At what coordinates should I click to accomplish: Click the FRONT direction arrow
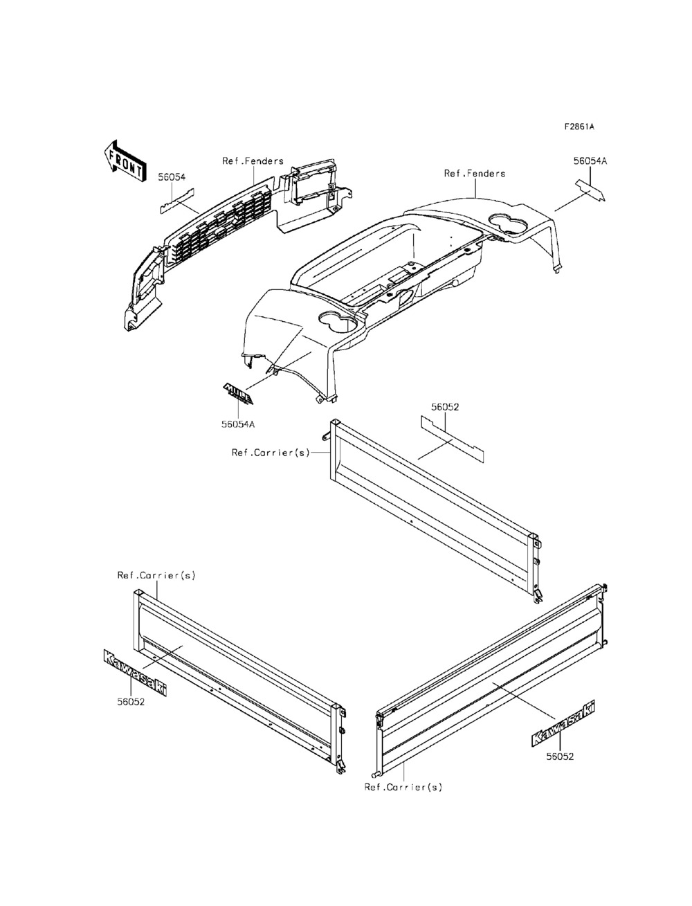pos(122,160)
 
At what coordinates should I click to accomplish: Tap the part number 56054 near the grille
pos(172,177)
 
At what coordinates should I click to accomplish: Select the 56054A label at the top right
pos(590,161)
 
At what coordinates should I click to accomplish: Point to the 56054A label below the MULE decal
pos(238,424)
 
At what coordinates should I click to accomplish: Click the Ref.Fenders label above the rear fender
pos(475,174)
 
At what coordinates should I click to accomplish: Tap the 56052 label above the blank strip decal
pos(445,408)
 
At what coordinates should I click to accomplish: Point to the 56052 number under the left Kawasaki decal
pos(130,701)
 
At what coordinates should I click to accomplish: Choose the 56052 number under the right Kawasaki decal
pos(560,756)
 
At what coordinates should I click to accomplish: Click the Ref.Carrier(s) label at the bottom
pos(403,787)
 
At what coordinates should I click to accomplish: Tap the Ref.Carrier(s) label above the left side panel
pos(156,576)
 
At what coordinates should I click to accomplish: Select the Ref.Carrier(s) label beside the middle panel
pos(271,453)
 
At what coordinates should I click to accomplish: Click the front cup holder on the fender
pos(334,321)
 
